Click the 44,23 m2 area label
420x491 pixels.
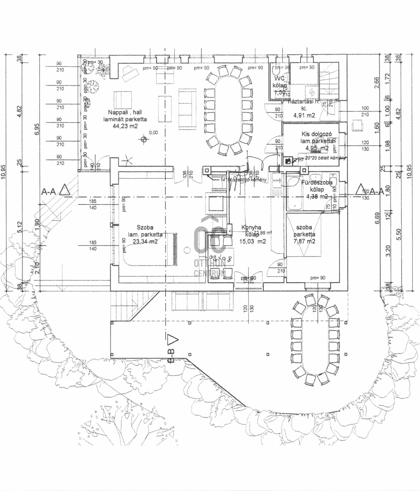(x=125, y=126)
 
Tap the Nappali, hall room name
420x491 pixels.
(x=125, y=112)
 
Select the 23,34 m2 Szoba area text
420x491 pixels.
(x=145, y=241)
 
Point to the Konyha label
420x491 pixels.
(x=251, y=227)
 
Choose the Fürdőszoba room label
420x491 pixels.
(x=317, y=183)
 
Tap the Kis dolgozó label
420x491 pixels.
(x=316, y=134)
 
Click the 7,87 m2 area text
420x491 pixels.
(x=304, y=241)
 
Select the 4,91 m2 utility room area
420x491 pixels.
(x=304, y=115)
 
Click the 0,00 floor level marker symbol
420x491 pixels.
(x=143, y=139)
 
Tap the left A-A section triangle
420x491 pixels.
(x=64, y=190)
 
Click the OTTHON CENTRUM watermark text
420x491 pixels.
(x=210, y=268)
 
